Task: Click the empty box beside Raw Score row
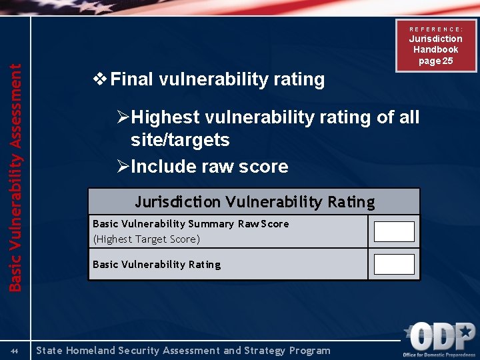[x=393, y=231]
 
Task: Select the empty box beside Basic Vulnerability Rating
[x=393, y=264]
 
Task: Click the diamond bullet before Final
[x=99, y=79]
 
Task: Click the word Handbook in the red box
[x=435, y=49]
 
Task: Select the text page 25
[x=435, y=61]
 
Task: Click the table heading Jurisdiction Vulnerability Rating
[x=255, y=201]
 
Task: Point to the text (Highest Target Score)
[x=146, y=239]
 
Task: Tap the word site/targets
[x=180, y=140]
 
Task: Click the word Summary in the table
[x=211, y=224]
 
